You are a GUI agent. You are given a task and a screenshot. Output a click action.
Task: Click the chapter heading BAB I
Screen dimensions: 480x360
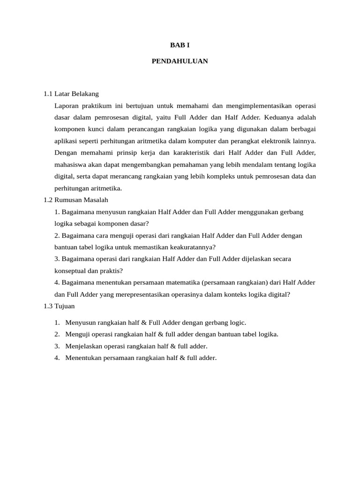point(180,45)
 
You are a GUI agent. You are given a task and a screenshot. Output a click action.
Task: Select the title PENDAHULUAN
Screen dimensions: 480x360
point(180,61)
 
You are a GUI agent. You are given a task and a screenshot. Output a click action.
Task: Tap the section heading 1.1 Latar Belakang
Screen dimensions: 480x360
point(71,94)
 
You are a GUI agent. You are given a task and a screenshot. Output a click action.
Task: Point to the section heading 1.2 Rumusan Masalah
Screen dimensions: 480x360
point(75,200)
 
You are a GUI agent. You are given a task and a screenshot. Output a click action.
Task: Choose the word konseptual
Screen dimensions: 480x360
point(71,270)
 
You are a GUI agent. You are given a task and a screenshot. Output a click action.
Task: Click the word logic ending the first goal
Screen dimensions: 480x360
point(237,322)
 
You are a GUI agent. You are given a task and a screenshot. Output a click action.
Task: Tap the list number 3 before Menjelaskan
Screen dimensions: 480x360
point(56,346)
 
